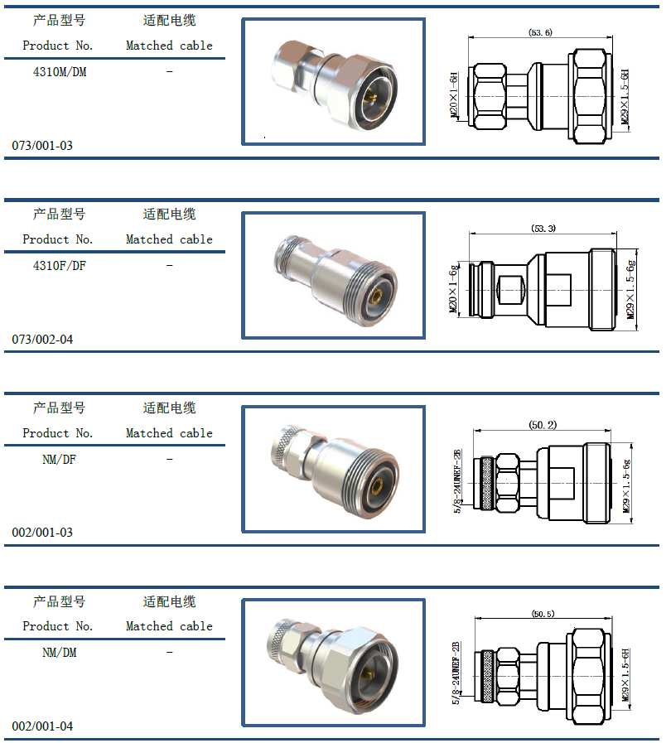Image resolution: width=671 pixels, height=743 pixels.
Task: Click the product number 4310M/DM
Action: [60, 72]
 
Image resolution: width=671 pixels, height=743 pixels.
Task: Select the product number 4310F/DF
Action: [60, 266]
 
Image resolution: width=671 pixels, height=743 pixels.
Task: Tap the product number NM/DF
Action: [60, 460]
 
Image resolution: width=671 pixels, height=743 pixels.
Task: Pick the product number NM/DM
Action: [60, 653]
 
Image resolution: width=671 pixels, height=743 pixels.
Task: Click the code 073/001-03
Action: [42, 146]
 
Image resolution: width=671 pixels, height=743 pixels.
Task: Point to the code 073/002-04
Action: [42, 340]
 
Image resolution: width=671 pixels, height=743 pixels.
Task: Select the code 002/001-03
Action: [42, 533]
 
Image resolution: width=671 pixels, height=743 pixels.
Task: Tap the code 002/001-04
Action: [42, 726]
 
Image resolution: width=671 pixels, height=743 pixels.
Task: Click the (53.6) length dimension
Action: [540, 32]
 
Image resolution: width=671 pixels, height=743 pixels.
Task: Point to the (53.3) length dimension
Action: [543, 229]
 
